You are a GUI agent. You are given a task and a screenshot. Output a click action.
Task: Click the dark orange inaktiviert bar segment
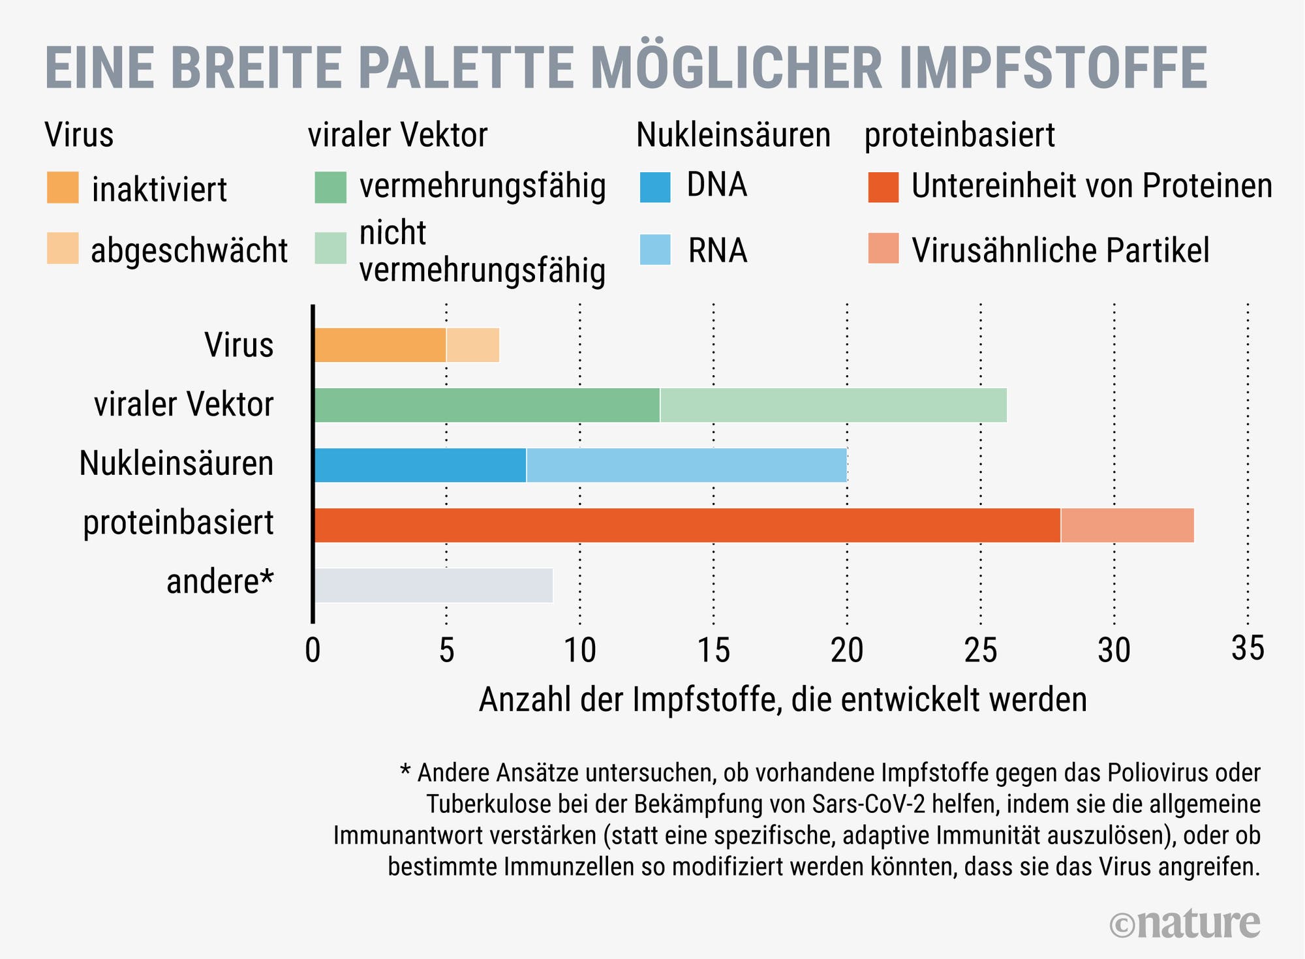(x=380, y=345)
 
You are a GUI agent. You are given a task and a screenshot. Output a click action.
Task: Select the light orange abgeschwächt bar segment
(x=473, y=345)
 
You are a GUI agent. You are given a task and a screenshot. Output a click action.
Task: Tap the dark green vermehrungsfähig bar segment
(x=487, y=405)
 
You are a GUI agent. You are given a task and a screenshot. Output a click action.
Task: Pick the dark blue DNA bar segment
(x=420, y=465)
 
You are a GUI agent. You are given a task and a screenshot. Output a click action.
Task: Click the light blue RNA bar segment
(x=686, y=465)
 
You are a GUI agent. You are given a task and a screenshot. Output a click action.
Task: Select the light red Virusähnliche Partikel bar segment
(x=1128, y=525)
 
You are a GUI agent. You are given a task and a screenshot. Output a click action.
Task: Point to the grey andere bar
(x=433, y=585)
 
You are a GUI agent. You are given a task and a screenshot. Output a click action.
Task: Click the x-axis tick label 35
(x=1248, y=649)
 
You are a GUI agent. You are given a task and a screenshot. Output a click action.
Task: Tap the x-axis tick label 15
(x=713, y=650)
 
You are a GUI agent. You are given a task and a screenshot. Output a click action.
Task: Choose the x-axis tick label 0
(x=313, y=650)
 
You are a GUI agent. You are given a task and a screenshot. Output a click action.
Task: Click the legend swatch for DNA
(x=655, y=187)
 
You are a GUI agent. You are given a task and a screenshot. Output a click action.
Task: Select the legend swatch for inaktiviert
(x=63, y=187)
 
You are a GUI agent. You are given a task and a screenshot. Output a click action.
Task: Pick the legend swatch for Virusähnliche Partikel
(x=883, y=249)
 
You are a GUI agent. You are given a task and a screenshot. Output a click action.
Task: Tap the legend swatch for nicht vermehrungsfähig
(x=330, y=249)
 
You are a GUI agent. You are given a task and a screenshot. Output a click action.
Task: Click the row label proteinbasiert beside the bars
(x=178, y=523)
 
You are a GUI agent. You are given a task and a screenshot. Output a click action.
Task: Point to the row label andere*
(x=220, y=581)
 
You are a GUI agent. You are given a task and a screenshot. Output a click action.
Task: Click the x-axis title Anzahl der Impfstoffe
(x=782, y=700)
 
